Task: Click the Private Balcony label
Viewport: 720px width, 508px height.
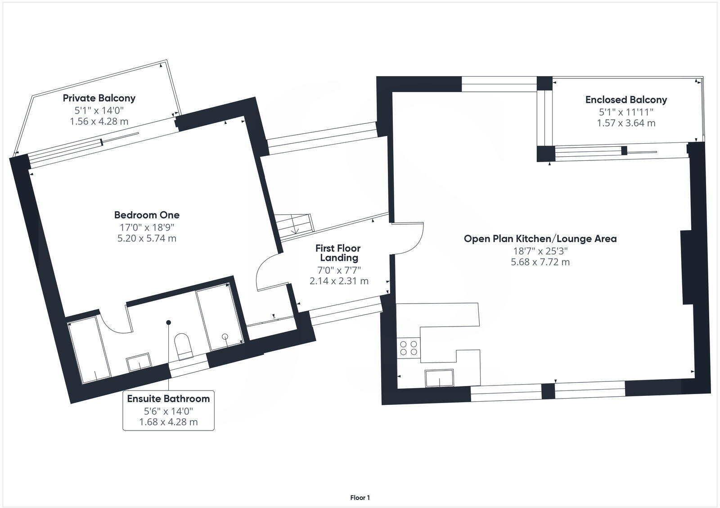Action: (99, 98)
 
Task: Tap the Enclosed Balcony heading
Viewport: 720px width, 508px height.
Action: (626, 100)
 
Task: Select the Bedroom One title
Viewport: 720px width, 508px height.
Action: (147, 215)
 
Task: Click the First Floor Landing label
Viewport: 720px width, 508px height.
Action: (338, 253)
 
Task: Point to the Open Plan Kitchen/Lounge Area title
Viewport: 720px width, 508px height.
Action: (540, 239)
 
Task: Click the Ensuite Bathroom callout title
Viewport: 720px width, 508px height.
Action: (168, 399)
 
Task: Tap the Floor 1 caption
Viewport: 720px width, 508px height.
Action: (360, 498)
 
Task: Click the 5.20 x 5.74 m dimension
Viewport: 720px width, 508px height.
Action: (147, 238)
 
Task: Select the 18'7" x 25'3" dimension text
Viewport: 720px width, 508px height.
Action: (540, 250)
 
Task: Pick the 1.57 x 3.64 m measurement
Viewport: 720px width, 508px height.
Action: (626, 123)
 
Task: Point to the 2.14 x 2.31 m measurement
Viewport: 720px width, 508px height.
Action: (339, 281)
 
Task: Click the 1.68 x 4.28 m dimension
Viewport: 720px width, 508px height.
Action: (168, 422)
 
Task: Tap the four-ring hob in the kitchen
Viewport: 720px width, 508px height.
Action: (409, 348)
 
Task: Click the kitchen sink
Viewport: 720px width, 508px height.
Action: (439, 378)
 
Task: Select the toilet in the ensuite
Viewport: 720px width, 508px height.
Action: (184, 346)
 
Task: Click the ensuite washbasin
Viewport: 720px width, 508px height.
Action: (139, 362)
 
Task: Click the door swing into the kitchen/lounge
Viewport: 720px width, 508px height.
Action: (407, 238)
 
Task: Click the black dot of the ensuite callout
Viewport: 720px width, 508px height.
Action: (168, 322)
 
